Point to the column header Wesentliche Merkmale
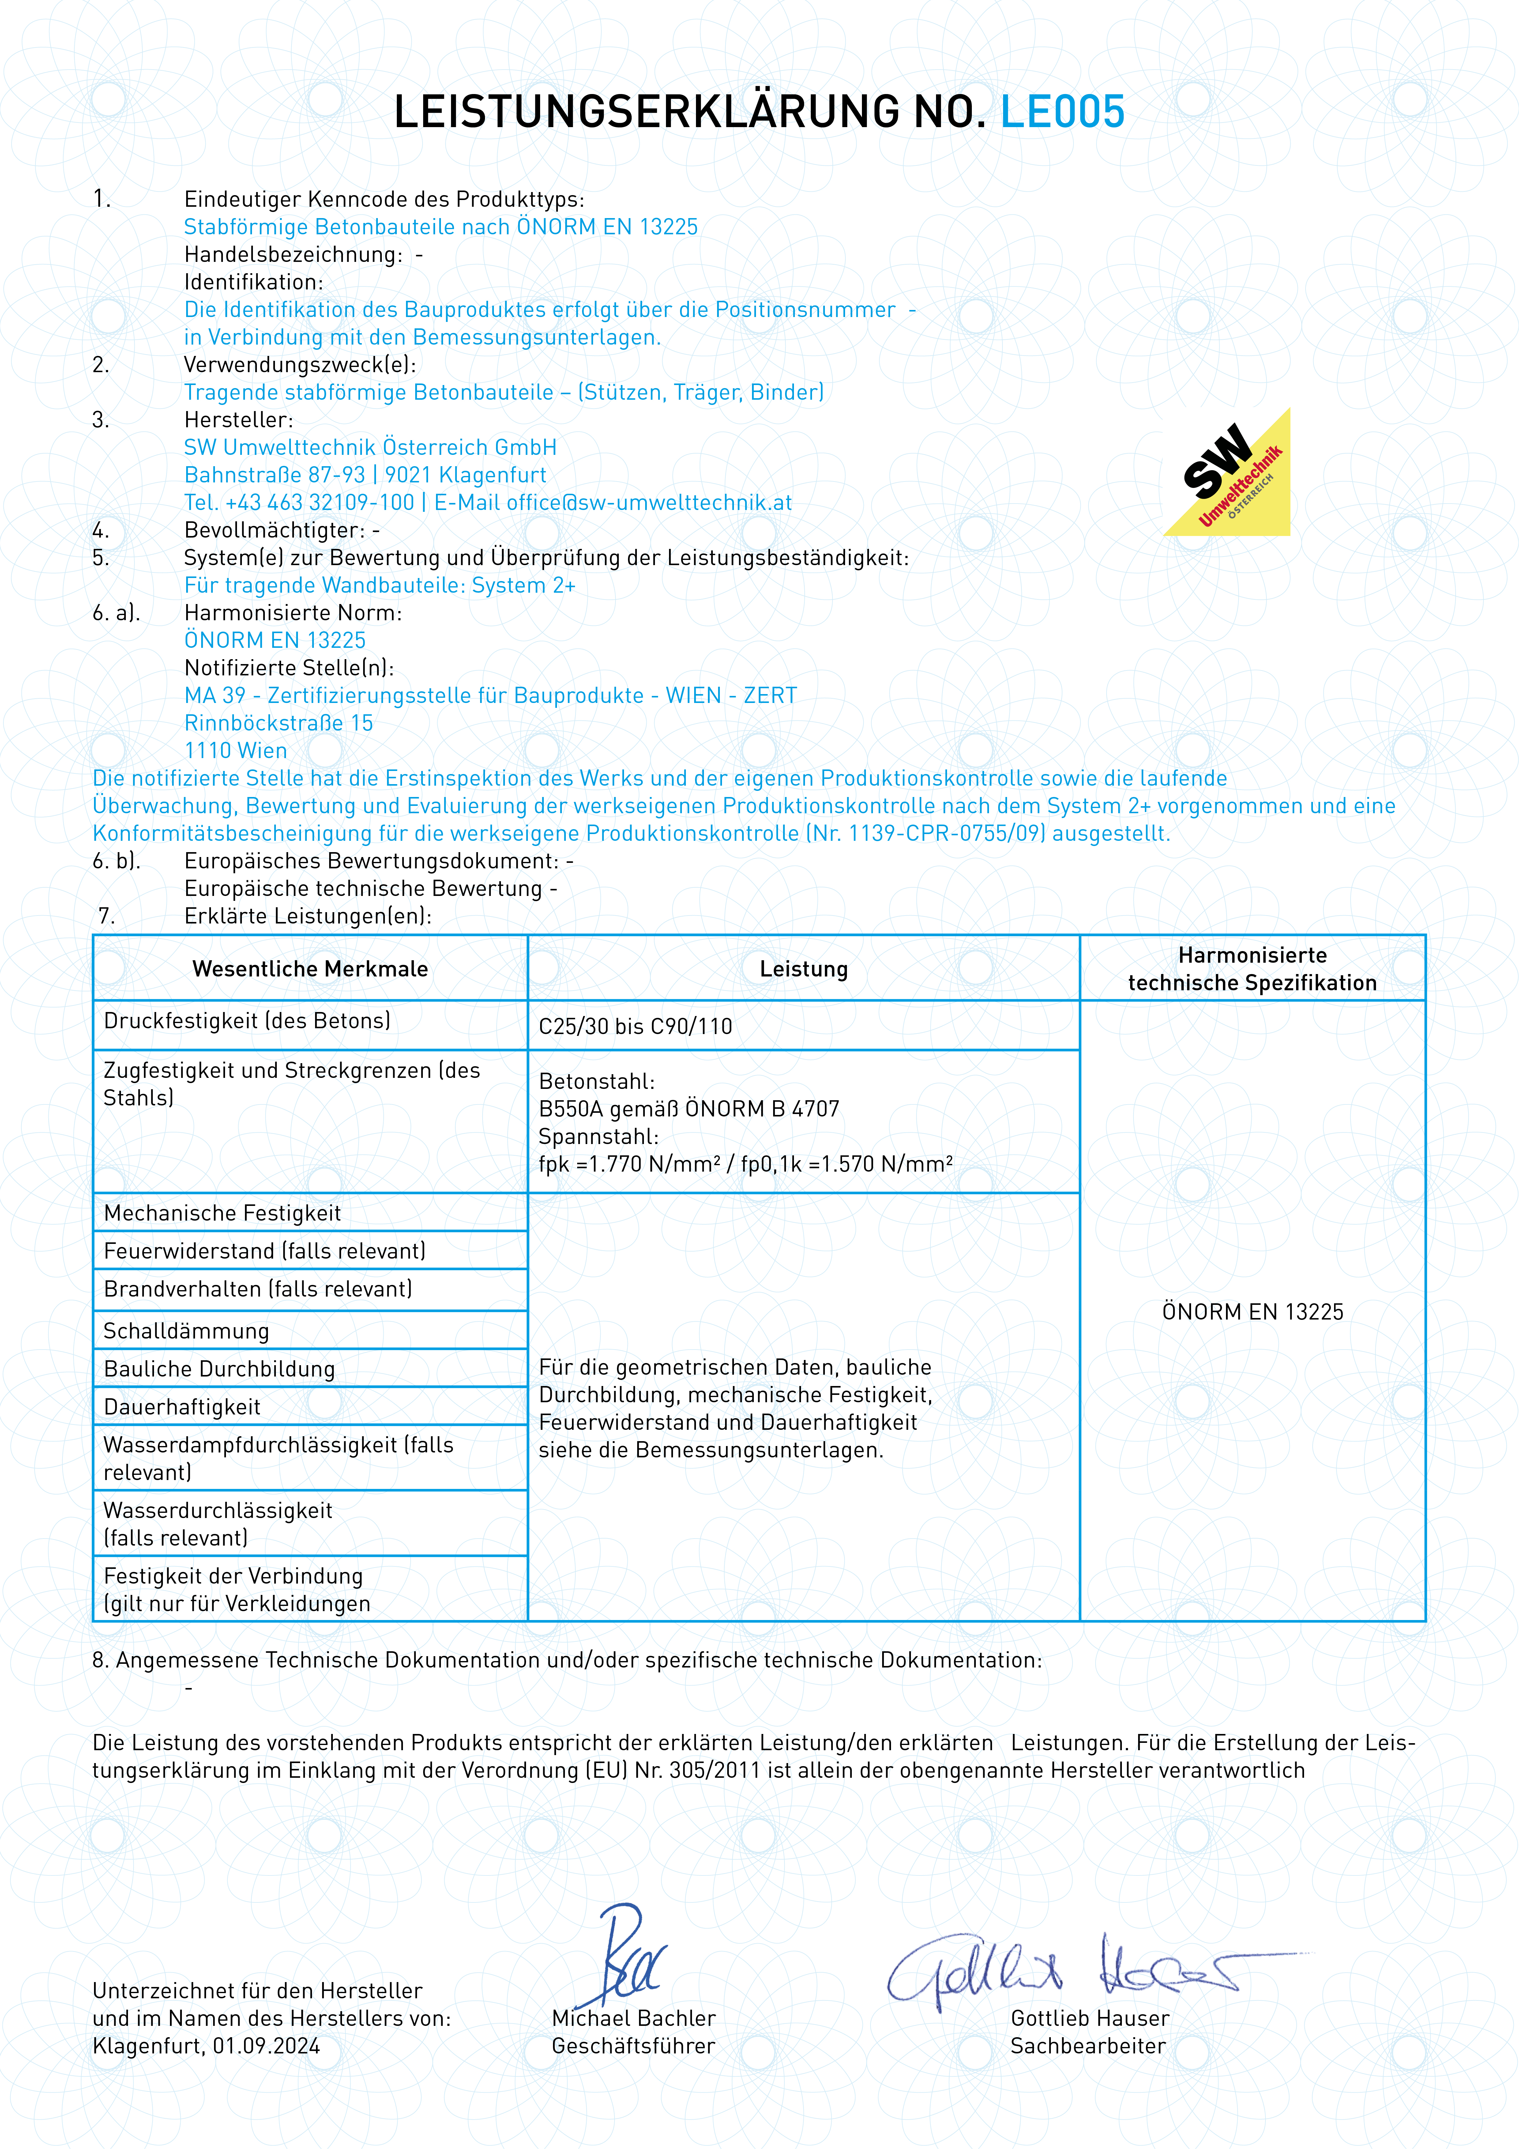pos(310,969)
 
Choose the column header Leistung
pos(803,969)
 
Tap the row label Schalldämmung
pos(186,1331)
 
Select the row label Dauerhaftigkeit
pos(182,1407)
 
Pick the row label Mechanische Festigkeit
pos(222,1213)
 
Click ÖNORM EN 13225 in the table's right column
pos(1252,1311)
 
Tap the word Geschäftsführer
pos(633,2046)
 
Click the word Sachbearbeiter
pos(1088,2046)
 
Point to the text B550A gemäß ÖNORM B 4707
pos(689,1109)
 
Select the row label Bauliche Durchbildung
pos(219,1369)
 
